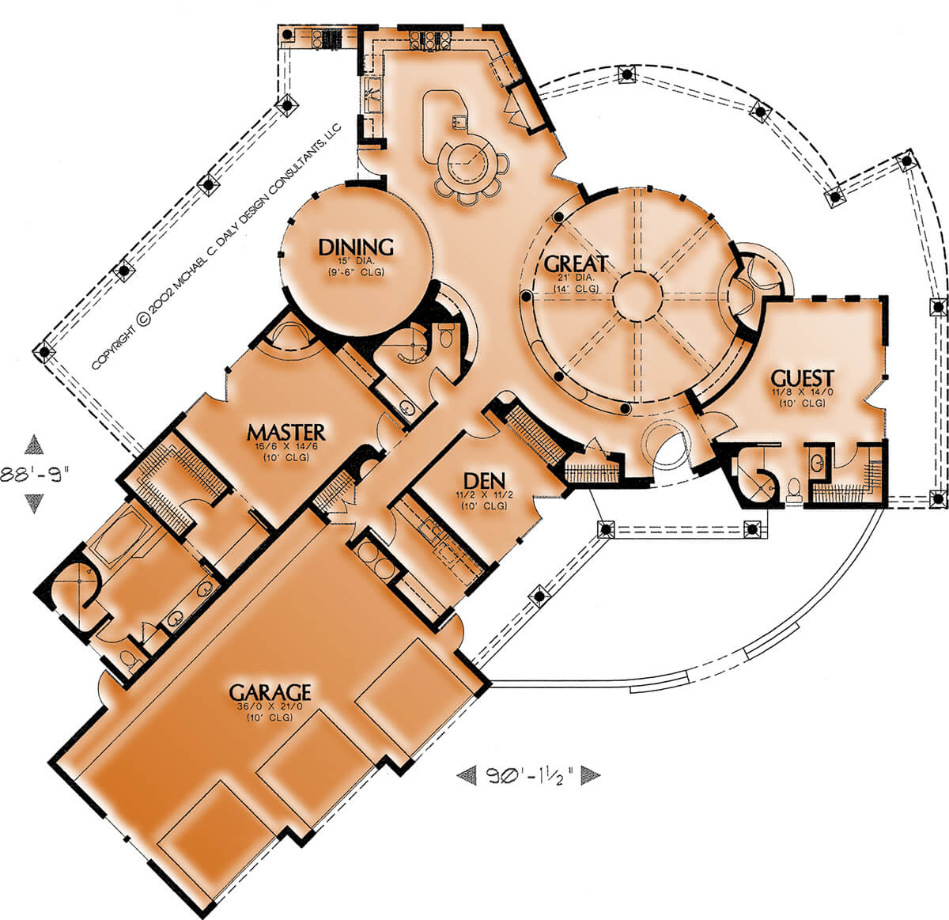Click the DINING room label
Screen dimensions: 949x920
(x=356, y=248)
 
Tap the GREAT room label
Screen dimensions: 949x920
(x=576, y=263)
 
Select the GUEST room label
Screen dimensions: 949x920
(x=803, y=378)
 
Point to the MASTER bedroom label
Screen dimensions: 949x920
(x=285, y=432)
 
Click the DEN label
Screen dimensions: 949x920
(x=484, y=482)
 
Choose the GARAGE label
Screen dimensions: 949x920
(x=270, y=692)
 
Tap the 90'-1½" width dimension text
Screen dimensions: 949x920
(x=529, y=775)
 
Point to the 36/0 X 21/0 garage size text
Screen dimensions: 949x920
(x=270, y=706)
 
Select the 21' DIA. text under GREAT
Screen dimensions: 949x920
(x=576, y=278)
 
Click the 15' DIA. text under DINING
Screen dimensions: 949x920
(x=356, y=261)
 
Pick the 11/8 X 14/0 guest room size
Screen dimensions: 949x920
(x=803, y=392)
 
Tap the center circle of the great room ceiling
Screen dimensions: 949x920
(x=637, y=296)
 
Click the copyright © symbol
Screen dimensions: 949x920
(x=143, y=319)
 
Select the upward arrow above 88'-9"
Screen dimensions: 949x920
(x=34, y=445)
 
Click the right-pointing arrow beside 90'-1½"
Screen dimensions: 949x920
(x=591, y=775)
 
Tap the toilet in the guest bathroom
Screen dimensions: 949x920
(x=793, y=488)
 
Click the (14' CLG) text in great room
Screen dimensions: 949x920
(x=576, y=288)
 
